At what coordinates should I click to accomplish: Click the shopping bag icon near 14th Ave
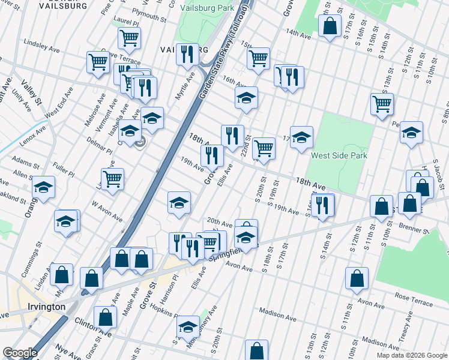330,26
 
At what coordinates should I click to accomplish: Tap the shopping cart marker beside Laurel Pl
129,38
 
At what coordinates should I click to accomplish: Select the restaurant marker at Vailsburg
187,54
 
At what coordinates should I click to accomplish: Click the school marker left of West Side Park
301,137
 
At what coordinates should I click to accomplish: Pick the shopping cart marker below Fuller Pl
113,179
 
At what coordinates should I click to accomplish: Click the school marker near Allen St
43,187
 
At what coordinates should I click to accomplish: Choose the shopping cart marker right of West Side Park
382,104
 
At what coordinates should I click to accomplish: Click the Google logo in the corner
20,353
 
